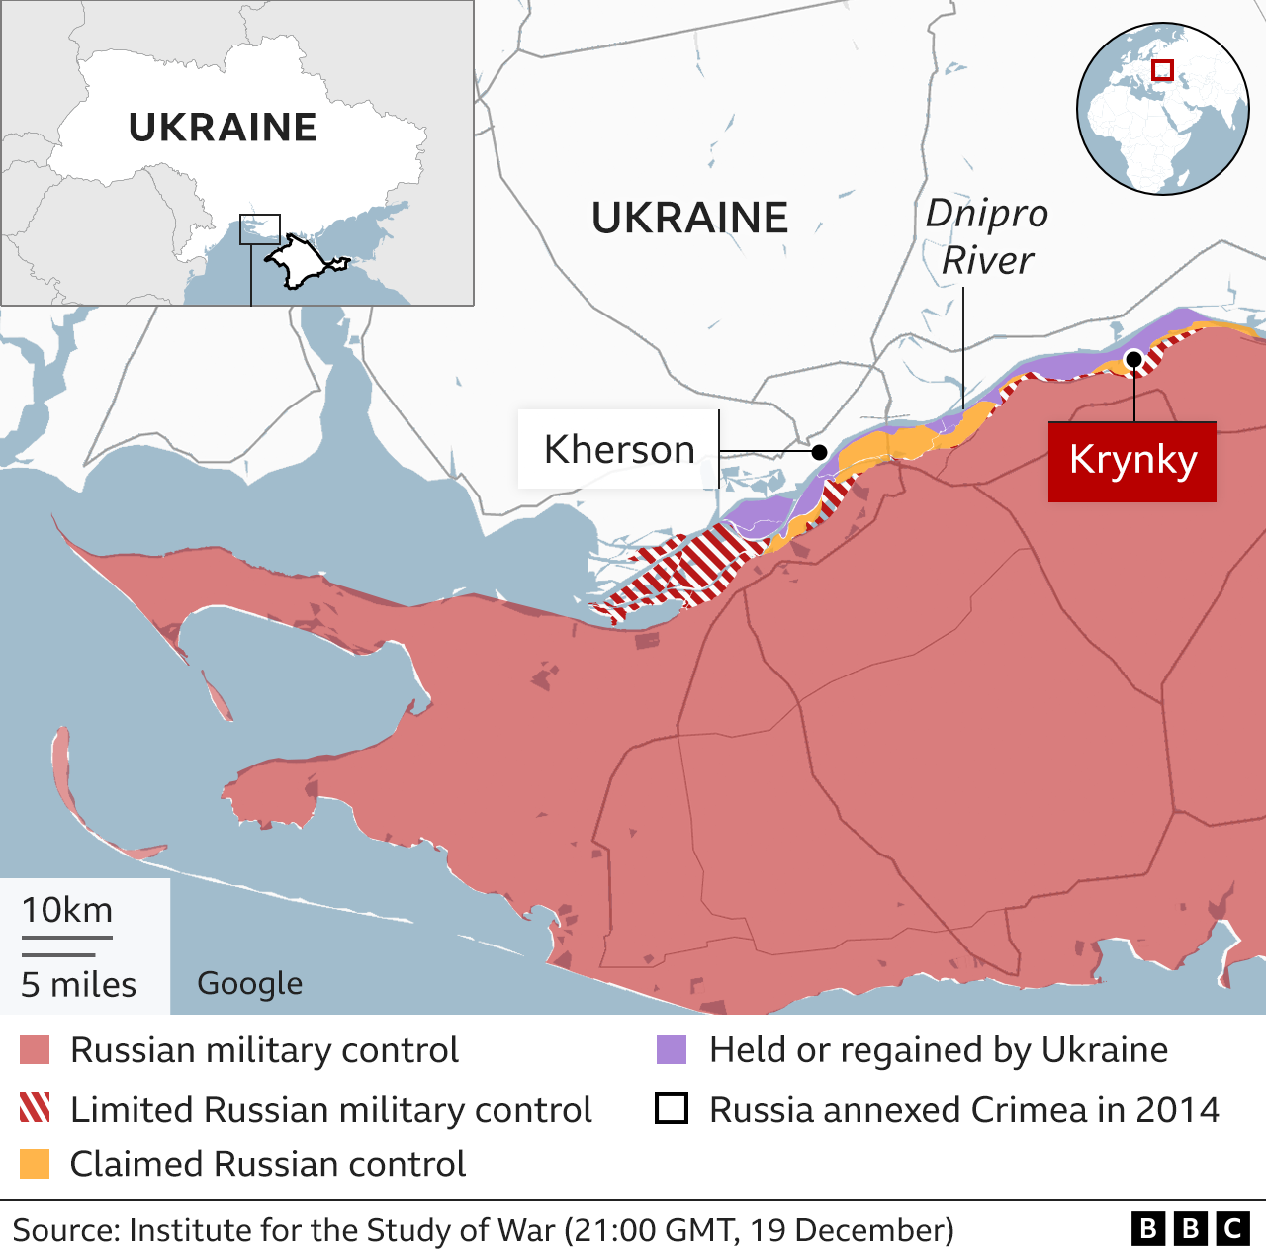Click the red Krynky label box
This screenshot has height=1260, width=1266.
(1132, 461)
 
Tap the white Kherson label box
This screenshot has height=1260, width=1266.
(618, 449)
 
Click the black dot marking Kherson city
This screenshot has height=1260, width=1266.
(819, 452)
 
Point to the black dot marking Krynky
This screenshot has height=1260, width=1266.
(1134, 359)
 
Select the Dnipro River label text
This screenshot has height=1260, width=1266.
(986, 237)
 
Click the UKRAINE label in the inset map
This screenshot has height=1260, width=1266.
(223, 128)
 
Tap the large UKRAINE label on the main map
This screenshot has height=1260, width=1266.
(689, 218)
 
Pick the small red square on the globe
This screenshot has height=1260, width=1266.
(1162, 70)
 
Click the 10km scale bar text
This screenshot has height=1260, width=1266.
(67, 910)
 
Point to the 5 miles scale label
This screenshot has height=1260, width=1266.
(79, 985)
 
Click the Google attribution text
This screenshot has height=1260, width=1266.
(250, 983)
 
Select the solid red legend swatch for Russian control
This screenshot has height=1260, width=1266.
(35, 1050)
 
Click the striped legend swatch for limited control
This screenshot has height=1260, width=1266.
(35, 1108)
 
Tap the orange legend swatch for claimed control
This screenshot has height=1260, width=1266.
(35, 1164)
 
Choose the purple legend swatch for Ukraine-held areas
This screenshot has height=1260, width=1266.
(672, 1050)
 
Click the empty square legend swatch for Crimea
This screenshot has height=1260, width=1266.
(672, 1108)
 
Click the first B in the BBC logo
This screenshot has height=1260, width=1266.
(1148, 1228)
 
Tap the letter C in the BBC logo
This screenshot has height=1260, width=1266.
(1232, 1228)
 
